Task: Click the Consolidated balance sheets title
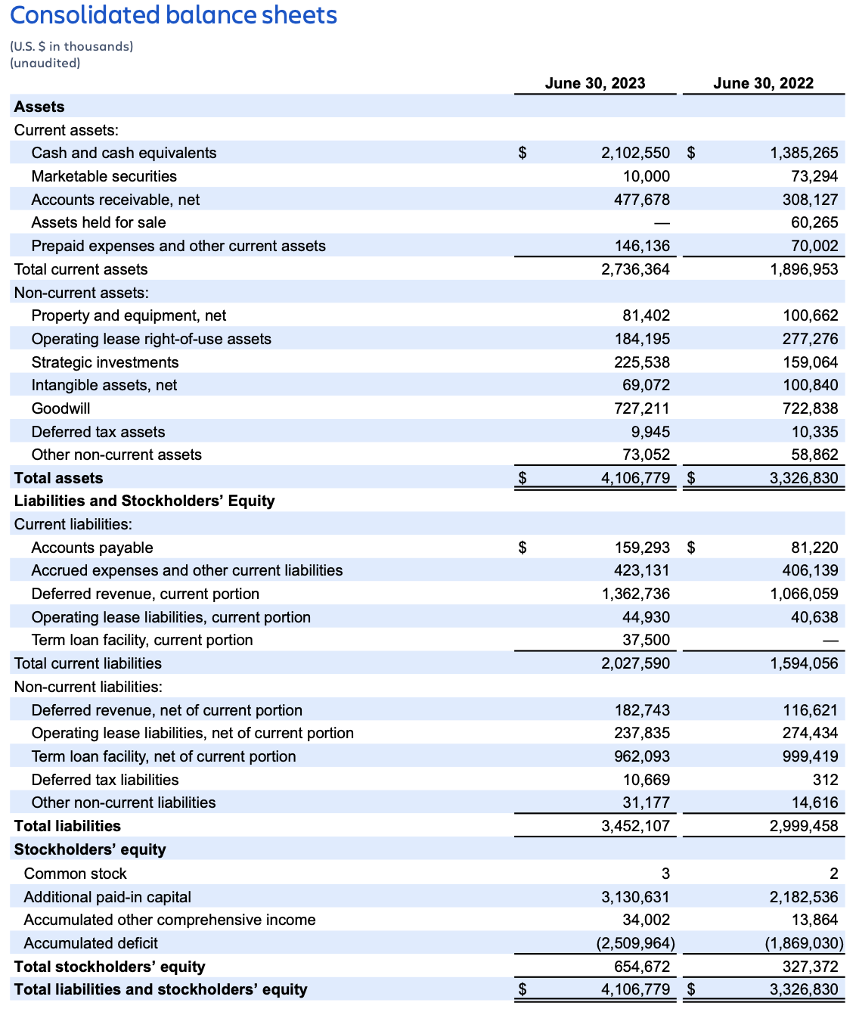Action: (x=173, y=15)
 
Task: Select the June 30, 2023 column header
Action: (x=595, y=83)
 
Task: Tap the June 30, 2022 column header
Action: (x=763, y=83)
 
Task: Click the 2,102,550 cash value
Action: (x=635, y=153)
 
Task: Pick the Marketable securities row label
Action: (x=104, y=176)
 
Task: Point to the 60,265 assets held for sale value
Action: (x=814, y=222)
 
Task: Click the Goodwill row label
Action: (x=60, y=408)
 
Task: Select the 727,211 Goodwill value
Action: (x=641, y=408)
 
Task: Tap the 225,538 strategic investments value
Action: (x=641, y=362)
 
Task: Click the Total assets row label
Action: (x=58, y=478)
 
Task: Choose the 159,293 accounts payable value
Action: (x=641, y=548)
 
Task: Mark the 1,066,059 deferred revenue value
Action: (x=804, y=594)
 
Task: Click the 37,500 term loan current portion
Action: (x=646, y=640)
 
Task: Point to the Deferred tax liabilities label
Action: (x=105, y=780)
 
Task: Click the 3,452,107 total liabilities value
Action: (x=635, y=826)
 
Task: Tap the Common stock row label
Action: (x=75, y=874)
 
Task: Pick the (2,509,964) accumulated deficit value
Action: (x=635, y=943)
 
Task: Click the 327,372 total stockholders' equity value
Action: (x=810, y=967)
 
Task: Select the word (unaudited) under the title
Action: (x=45, y=63)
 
